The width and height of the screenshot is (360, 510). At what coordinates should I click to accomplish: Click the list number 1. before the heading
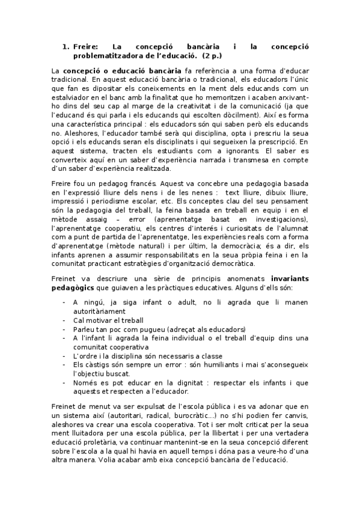click(x=67, y=46)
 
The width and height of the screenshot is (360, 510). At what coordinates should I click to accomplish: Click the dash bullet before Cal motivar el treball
click(x=64, y=320)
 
